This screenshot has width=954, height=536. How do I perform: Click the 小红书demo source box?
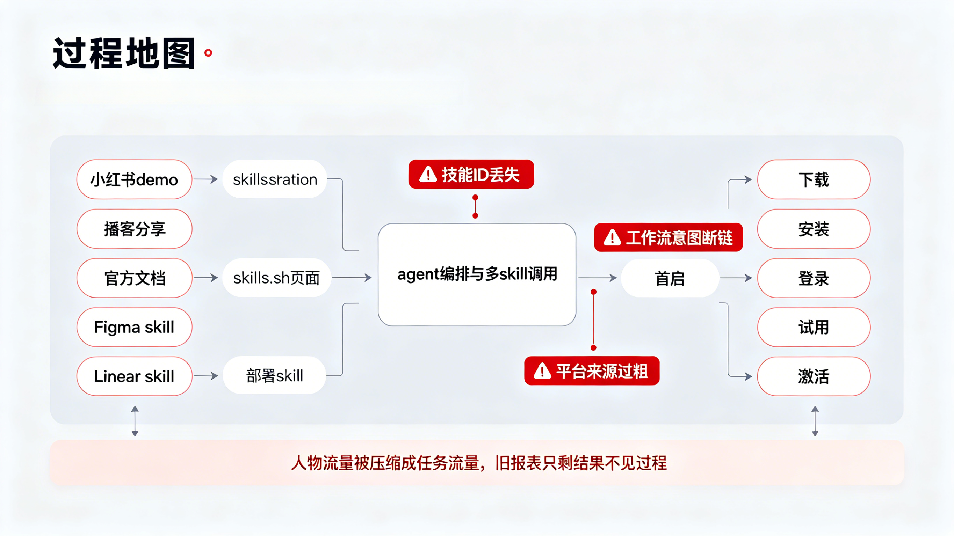(x=135, y=179)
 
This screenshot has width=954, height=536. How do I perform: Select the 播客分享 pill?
(x=135, y=229)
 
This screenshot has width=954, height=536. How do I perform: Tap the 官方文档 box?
(x=135, y=278)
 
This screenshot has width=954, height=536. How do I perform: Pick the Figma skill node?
(x=135, y=327)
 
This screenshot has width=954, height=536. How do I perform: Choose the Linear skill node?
(x=135, y=376)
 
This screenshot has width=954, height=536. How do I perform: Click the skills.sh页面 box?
(x=277, y=278)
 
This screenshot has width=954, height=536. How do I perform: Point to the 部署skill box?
(x=274, y=375)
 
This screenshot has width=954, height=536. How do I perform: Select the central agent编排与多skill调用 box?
(x=477, y=275)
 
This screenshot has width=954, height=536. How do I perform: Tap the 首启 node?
(x=670, y=278)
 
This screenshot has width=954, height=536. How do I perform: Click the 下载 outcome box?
(x=814, y=179)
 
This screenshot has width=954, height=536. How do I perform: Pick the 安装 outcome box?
(x=814, y=229)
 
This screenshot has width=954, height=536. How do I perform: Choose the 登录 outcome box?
(x=814, y=278)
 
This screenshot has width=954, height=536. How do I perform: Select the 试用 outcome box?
(x=814, y=327)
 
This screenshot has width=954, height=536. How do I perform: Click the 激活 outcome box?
(x=814, y=376)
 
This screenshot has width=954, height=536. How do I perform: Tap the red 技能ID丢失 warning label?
(x=471, y=174)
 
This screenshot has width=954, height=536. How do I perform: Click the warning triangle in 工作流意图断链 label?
(x=612, y=238)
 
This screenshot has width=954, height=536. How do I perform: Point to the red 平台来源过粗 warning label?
(x=592, y=371)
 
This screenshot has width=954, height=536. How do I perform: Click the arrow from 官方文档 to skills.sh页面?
(x=206, y=278)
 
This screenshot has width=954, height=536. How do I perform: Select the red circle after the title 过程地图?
(x=209, y=53)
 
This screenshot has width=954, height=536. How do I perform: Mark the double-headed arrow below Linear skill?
(x=135, y=421)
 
